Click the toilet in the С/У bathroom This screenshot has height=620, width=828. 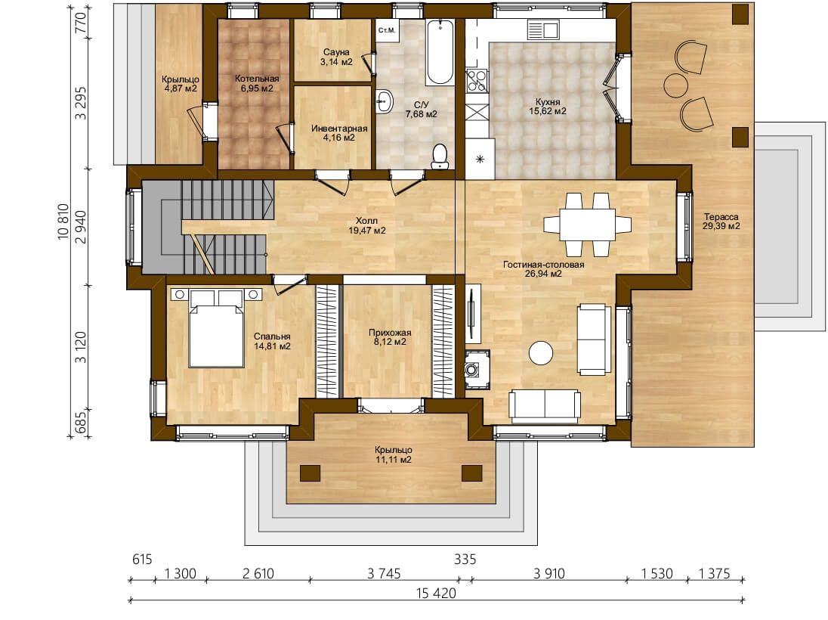point(440,157)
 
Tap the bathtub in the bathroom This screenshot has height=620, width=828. point(440,52)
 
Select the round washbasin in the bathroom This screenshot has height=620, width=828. point(385,101)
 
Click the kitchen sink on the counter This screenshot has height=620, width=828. point(543,29)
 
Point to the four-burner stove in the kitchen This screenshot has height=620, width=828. point(477,82)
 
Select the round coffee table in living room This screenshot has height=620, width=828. point(541,353)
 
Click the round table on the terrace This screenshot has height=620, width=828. point(675,85)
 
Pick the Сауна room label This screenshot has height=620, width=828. point(337,52)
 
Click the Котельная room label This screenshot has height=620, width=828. point(257,79)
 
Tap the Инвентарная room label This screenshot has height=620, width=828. point(339,129)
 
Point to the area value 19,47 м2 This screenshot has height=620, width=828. point(367,231)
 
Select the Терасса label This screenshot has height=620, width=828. point(721,217)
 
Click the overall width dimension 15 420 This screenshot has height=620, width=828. point(436,593)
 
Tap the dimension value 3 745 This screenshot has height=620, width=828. point(384,573)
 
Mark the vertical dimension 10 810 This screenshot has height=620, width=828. point(63,222)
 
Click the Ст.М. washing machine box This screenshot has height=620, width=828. point(387,30)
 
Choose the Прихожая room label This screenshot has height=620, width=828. point(390,333)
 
